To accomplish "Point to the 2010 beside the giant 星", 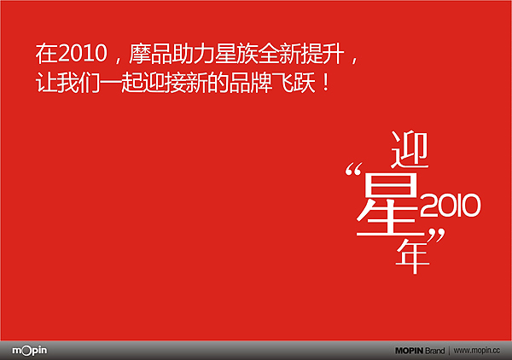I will click(x=452, y=204).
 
